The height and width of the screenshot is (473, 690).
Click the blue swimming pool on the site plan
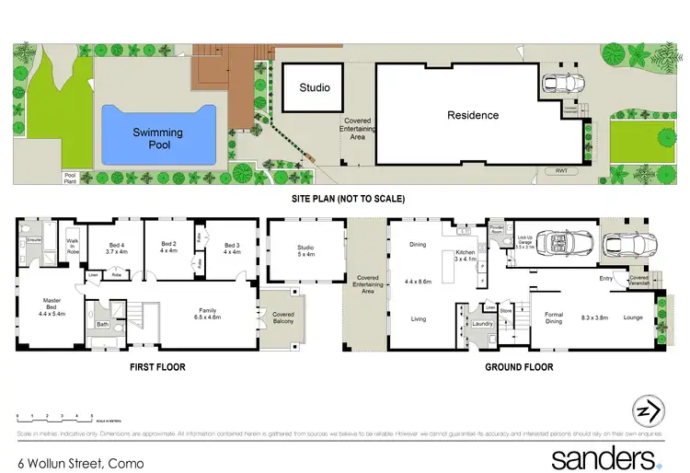(157, 134)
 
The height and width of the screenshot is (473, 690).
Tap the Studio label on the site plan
(315, 88)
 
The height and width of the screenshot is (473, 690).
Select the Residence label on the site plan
(473, 115)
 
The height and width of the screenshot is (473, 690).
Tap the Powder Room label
(497, 230)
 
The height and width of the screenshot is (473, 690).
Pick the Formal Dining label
(553, 318)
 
